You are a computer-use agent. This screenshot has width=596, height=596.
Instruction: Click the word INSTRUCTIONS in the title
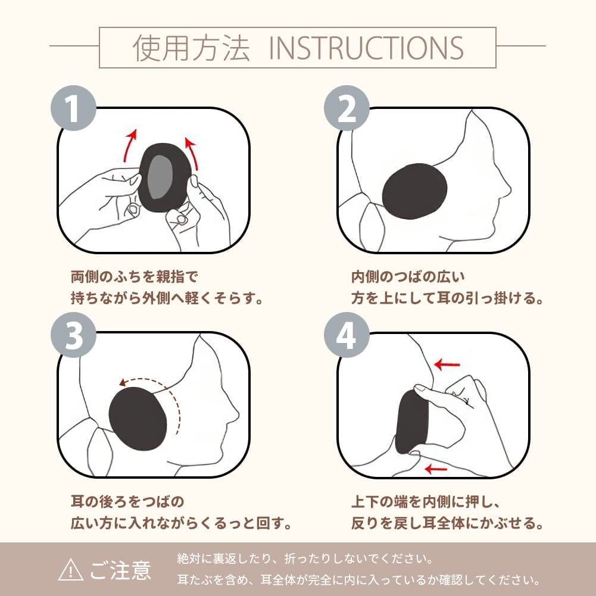[366, 48]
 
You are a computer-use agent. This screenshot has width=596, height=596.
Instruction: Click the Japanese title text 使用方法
[191, 48]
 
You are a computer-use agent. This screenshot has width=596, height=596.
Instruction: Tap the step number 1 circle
[73, 108]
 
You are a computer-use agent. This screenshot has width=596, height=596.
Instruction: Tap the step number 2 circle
[347, 108]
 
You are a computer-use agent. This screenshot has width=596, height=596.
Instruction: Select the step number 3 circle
[73, 335]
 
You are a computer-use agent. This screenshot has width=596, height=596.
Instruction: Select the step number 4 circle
[347, 335]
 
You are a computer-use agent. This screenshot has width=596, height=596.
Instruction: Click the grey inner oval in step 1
[160, 177]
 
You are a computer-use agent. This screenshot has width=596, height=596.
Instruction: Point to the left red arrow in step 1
[129, 146]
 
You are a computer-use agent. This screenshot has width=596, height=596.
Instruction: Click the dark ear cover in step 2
[414, 191]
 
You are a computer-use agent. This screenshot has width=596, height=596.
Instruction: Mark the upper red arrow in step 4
[447, 365]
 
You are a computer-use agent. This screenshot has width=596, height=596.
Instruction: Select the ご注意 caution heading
[121, 570]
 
